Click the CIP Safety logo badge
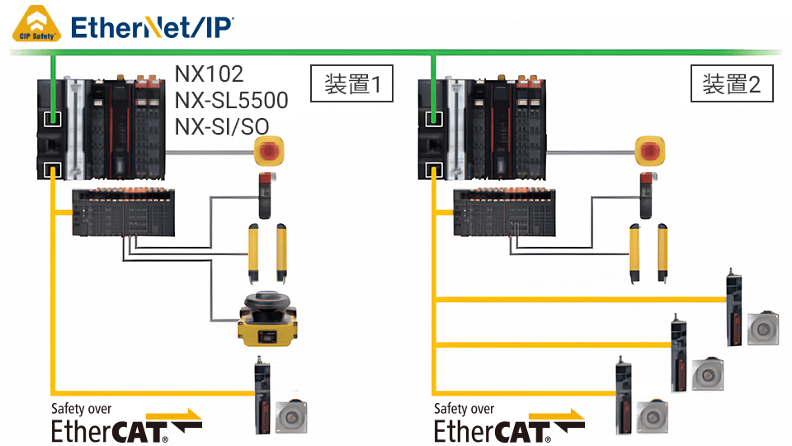tap(36, 23)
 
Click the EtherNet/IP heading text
tap(152, 27)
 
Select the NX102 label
tap(209, 74)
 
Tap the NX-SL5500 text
tap(231, 100)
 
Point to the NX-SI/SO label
tap(222, 126)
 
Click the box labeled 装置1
tap(351, 83)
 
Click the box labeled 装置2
tap(732, 83)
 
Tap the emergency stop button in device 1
tap(269, 150)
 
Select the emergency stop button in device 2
tap(649, 150)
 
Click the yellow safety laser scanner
tap(267, 319)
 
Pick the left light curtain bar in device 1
tap(253, 253)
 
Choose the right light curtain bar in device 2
tap(662, 253)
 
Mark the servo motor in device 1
tap(291, 417)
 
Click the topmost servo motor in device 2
tap(763, 329)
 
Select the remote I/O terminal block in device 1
tap(123, 212)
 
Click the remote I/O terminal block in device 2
tap(504, 212)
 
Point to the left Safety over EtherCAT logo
tap(126, 423)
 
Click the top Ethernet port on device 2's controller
tap(434, 119)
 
